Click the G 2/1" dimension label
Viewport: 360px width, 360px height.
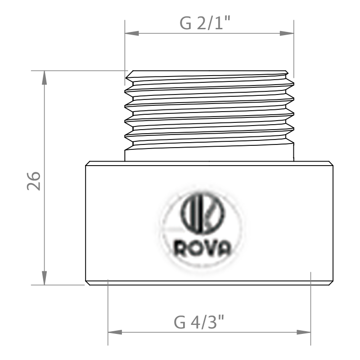point(205,23)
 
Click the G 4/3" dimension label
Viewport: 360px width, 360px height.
point(198,322)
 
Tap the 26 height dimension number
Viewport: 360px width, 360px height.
point(34,181)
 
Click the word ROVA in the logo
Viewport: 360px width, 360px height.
point(202,248)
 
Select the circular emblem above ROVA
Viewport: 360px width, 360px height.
point(202,213)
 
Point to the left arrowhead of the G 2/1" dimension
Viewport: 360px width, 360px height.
point(132,33)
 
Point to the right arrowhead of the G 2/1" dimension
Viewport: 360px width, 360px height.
point(287,33)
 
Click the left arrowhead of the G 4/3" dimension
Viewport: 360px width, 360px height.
point(115,332)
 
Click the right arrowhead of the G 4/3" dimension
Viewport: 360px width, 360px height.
point(304,332)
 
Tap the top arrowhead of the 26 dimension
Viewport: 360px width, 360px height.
point(44,77)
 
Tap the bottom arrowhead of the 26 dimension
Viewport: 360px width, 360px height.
point(44,278)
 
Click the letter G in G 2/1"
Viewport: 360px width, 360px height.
point(185,23)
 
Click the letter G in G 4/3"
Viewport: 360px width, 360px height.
point(180,322)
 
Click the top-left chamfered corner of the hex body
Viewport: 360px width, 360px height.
point(87,163)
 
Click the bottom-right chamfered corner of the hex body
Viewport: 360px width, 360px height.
point(331,283)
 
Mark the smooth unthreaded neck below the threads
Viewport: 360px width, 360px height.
point(209,154)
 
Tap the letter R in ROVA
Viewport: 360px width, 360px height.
point(180,248)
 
